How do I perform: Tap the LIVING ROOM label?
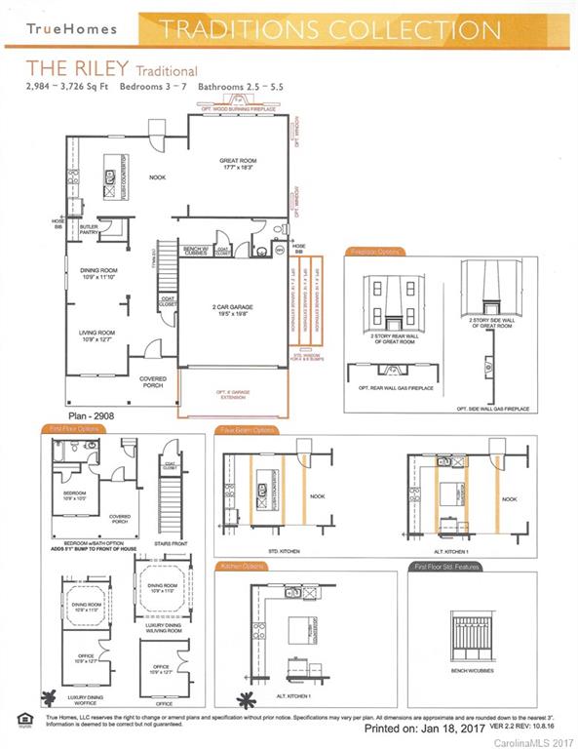coord(97,335)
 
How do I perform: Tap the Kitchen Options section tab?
coord(244,566)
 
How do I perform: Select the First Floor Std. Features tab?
coord(446,566)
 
